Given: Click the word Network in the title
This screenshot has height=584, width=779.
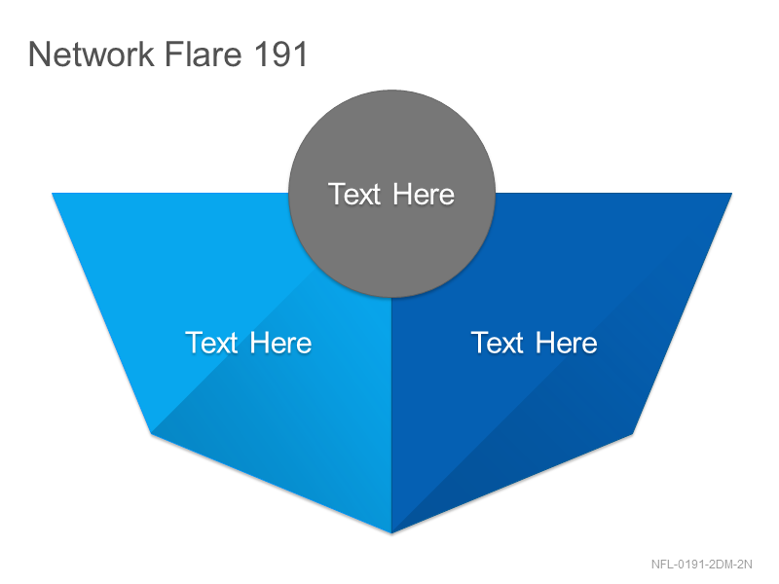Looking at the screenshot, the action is [x=92, y=54].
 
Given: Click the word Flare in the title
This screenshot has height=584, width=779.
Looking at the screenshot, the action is [x=204, y=54].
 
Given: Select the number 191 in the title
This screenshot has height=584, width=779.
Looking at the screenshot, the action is [x=280, y=54].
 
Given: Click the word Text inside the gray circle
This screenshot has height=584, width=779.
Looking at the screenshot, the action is [x=354, y=194].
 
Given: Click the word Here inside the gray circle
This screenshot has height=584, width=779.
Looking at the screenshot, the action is [x=424, y=194].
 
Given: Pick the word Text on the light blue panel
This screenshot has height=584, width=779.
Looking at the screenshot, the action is [x=211, y=343].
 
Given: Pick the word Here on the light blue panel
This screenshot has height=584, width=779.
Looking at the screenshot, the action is [x=280, y=343].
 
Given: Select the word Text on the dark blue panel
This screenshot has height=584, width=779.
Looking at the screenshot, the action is [x=498, y=343].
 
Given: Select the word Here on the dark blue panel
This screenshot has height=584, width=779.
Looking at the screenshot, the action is [x=567, y=343].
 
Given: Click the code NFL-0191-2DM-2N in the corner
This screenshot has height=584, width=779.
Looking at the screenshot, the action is [x=701, y=565].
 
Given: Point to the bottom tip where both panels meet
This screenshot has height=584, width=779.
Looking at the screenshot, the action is [x=391, y=533].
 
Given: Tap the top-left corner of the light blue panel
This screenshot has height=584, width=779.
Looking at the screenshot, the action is [x=53, y=193].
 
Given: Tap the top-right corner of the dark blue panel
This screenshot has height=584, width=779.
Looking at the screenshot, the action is [x=732, y=193].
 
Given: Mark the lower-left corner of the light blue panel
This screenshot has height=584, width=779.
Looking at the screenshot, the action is [x=152, y=434].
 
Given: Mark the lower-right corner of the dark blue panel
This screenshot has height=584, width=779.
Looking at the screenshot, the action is [x=632, y=434].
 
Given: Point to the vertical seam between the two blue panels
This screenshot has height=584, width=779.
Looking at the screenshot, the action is [x=391, y=416].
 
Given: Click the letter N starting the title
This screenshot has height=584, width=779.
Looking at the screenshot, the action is [x=38, y=54].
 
